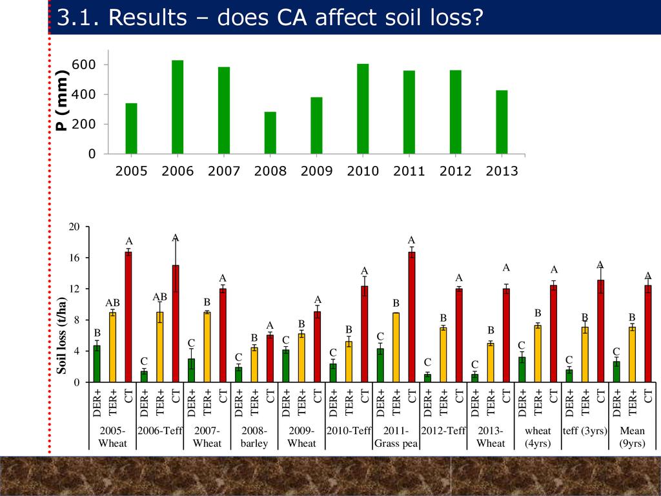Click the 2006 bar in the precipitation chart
tap(178, 107)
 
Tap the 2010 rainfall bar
tap(363, 109)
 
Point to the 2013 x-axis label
tap(502, 171)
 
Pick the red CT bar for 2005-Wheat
tap(128, 317)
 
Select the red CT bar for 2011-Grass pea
tap(411, 317)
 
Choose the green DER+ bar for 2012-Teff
tap(427, 378)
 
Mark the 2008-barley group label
tap(254, 437)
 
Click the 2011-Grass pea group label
tap(396, 437)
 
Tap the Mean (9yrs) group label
tap(632, 437)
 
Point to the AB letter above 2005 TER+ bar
tap(112, 302)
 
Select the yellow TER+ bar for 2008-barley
tap(254, 365)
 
